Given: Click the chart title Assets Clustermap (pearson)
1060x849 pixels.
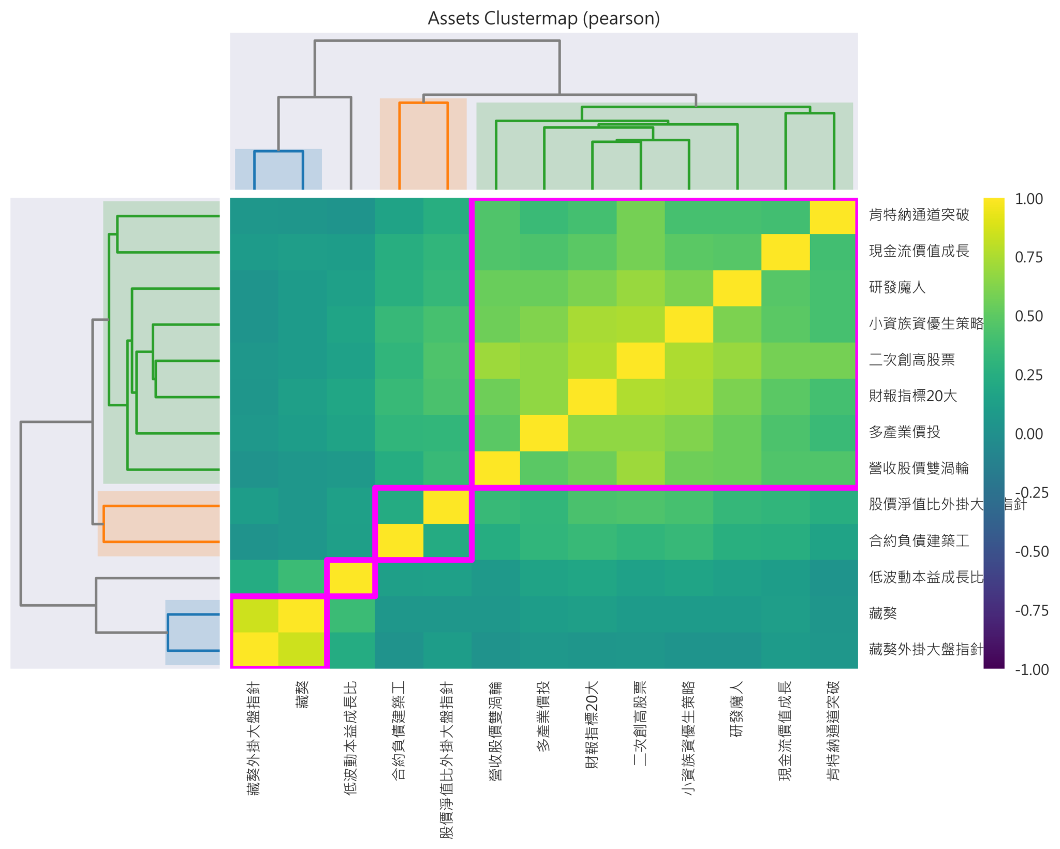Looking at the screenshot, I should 543,19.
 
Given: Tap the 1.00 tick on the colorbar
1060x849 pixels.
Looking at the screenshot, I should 1028,199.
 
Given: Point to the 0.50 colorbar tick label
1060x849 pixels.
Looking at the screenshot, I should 1028,316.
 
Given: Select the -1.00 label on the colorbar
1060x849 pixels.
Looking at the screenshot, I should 1032,669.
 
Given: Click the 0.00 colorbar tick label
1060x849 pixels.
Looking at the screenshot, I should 1028,434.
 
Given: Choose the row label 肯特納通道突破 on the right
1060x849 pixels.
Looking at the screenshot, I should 919,215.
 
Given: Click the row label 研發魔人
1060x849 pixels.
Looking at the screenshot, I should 897,287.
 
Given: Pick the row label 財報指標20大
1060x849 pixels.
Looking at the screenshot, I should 912,396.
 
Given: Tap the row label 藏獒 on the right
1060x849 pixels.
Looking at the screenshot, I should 882,613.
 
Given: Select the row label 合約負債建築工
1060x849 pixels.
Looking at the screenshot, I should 919,541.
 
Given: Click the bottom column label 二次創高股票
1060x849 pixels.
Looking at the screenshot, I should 641,723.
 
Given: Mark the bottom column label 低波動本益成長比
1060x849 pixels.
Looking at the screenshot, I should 351,738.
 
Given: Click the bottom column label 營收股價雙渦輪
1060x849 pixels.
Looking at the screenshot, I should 496,730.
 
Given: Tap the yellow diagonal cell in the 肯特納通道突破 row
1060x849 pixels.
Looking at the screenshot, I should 833,216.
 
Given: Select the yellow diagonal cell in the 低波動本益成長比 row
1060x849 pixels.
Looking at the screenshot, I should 351,578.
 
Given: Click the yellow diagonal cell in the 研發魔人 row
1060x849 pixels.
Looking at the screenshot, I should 737,288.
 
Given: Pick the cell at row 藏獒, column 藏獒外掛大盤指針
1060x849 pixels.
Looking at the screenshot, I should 255,614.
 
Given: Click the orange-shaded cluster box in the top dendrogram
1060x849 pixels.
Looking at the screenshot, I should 423,144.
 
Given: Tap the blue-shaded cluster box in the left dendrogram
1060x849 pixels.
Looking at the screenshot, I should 193,632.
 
